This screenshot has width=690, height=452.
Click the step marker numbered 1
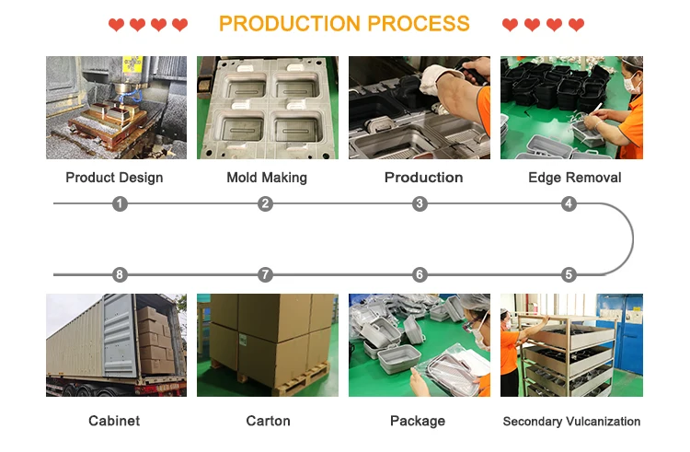pos(119,203)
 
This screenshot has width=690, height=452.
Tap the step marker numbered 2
pos(266,203)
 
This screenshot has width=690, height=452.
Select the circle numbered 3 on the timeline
pos(420,203)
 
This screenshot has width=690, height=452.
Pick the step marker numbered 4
pos(569,203)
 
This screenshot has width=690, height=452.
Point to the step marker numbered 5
pos(569,274)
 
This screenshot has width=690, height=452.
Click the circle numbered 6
pos(420,274)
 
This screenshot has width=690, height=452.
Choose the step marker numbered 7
pos(266,274)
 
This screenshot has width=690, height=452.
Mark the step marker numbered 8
pos(119,274)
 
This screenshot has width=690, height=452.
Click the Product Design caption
pos(114,178)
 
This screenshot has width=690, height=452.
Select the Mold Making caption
pos(267,178)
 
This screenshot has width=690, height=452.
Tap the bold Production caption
pos(423,177)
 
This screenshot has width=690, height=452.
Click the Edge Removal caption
pos(575,178)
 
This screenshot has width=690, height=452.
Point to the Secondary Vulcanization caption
pos(571,422)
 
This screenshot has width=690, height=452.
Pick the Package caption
pos(418,421)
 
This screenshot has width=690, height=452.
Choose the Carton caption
pos(268,421)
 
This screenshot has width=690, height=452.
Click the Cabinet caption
pos(114,421)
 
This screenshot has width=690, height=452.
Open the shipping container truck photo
pos(116,345)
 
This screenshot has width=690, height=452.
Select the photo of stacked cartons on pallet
pos(267,345)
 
